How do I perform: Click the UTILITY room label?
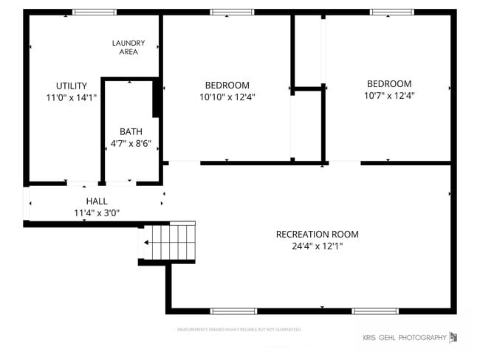72,86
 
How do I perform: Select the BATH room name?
131,131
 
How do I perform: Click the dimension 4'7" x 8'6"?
131,143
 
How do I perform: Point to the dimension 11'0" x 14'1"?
72,97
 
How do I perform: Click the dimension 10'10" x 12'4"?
227,97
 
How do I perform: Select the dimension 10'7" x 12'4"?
388,95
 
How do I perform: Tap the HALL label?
96,201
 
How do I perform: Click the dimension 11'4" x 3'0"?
96,212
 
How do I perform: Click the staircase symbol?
169,242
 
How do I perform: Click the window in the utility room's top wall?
95,12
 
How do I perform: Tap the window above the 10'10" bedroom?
232,12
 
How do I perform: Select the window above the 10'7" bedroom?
391,12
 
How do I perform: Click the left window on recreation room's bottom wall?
233,311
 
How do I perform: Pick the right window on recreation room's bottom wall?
375,311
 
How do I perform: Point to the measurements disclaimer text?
239,329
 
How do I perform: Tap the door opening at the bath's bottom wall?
120,182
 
